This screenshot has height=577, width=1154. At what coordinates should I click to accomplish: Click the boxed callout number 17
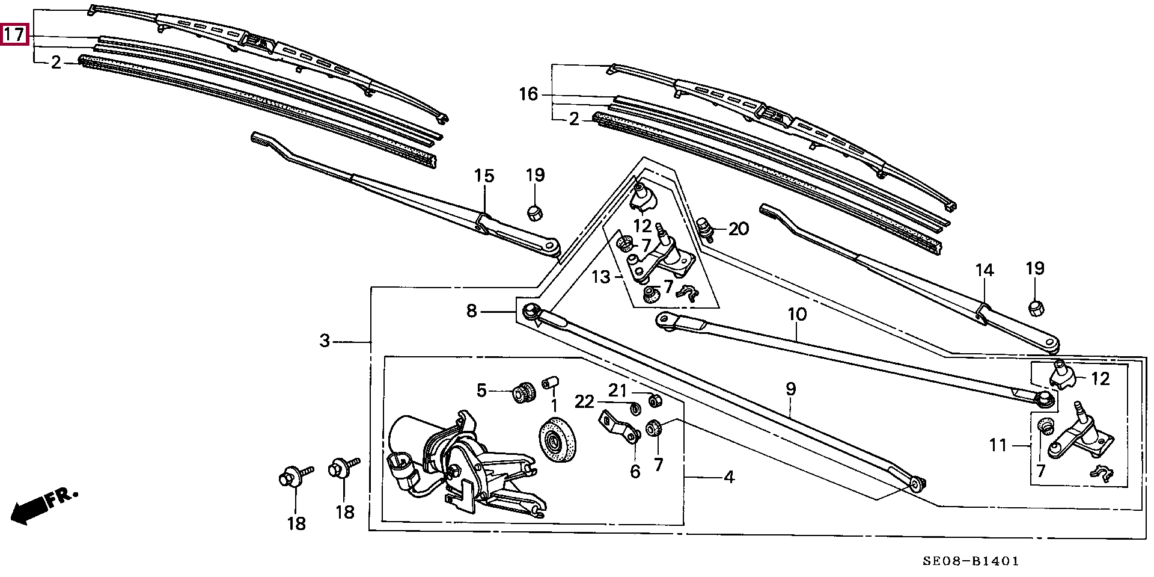(14, 34)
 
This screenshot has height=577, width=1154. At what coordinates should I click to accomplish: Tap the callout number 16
(529, 94)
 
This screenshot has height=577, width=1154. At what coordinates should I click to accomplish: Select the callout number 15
(484, 176)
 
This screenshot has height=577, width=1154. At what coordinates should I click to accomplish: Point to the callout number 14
(985, 270)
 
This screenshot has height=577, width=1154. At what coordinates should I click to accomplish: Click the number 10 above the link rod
(797, 314)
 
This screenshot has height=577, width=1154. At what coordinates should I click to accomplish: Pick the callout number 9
(791, 389)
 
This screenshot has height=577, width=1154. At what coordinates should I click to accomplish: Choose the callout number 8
(472, 311)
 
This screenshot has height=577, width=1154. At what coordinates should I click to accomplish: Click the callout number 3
(325, 341)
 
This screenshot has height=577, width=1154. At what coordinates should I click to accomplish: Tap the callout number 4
(729, 477)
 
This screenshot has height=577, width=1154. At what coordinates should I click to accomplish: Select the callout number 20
(739, 229)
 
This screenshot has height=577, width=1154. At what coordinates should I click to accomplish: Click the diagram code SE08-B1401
(971, 561)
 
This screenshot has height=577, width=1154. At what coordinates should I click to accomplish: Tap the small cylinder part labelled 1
(551, 383)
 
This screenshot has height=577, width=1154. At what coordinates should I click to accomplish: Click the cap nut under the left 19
(534, 212)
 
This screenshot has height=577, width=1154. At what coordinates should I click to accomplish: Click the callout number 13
(601, 277)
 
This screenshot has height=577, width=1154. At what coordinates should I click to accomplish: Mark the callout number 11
(998, 445)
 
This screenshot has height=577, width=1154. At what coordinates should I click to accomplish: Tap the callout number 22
(584, 401)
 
